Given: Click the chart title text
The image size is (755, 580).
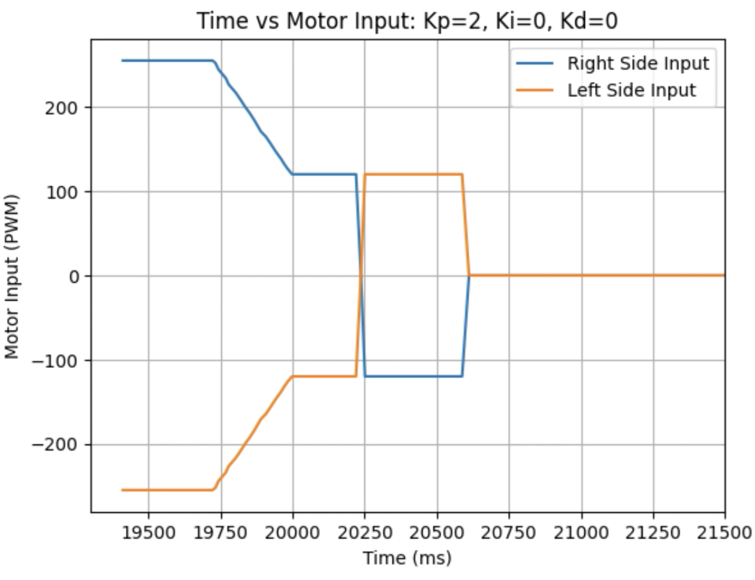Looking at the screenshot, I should coord(407,21).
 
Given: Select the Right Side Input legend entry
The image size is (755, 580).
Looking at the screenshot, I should coord(638,64).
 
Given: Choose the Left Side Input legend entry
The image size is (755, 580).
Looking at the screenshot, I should coord(631,90).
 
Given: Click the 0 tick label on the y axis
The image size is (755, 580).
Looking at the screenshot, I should coord(74,277).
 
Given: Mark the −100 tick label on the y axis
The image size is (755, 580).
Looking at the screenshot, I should coord(56,361).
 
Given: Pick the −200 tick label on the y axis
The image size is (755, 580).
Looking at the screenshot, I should coord(56,445).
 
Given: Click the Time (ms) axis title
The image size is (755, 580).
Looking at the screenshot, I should coord(407,558).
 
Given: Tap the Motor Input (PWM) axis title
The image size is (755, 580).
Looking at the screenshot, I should coord(13,276).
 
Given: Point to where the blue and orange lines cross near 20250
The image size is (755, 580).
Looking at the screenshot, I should coord(361,276).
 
